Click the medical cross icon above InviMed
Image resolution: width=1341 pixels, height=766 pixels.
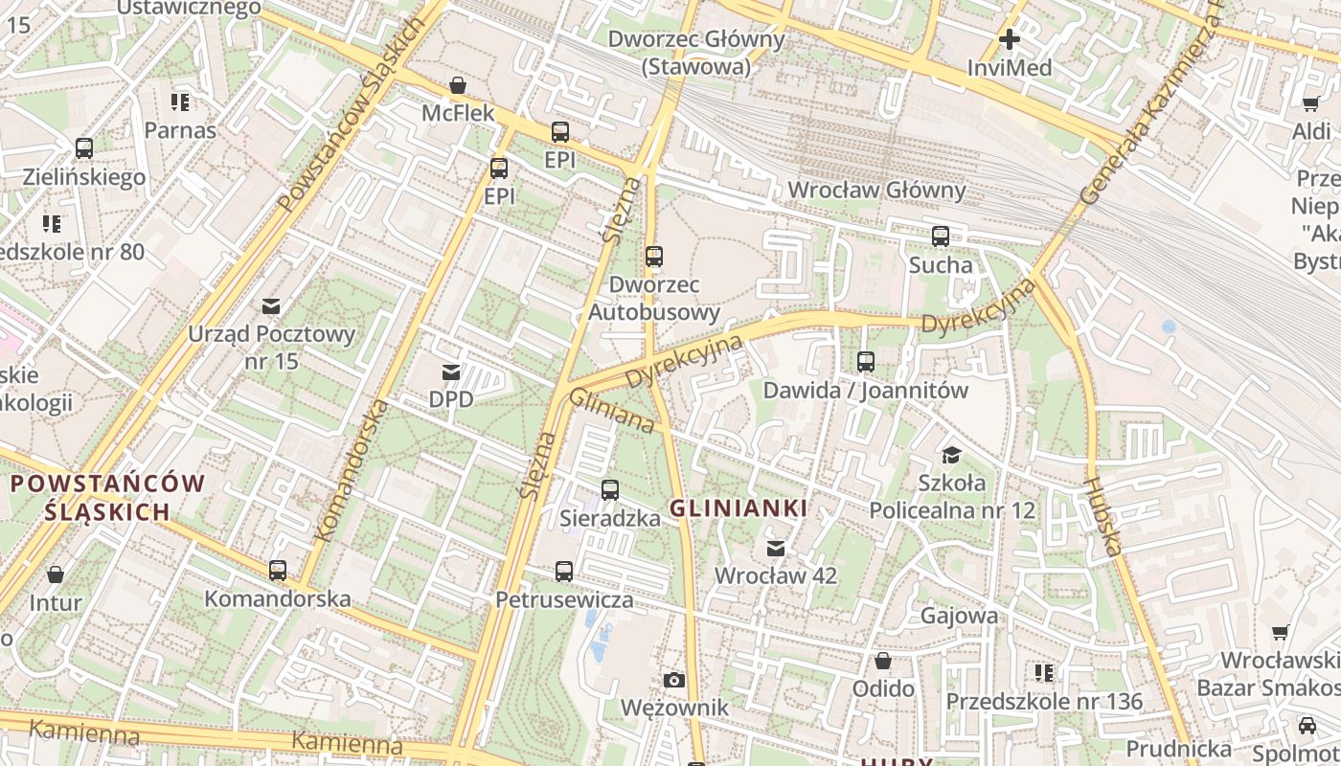[1009, 39]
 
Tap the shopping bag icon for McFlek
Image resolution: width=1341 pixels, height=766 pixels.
[458, 85]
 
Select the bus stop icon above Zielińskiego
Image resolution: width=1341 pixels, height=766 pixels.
[84, 148]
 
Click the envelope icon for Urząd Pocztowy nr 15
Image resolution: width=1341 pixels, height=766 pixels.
[271, 306]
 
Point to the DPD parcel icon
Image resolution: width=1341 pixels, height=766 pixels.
[450, 372]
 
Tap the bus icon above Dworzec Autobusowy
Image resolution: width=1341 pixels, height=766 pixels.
[654, 257]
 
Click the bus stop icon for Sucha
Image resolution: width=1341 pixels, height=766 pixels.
[941, 237]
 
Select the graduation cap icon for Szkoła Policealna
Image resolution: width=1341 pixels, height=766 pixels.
[951, 454]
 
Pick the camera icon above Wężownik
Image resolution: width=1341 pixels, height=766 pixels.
[674, 680]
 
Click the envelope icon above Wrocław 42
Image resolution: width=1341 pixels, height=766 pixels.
[776, 548]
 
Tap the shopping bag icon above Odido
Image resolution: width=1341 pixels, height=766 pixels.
[883, 661]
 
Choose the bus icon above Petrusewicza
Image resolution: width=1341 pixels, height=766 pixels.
[564, 572]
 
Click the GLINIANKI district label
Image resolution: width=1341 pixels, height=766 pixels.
[738, 508]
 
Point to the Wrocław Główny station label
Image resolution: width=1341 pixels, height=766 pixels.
[876, 190]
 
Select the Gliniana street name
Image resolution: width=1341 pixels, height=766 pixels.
[612, 410]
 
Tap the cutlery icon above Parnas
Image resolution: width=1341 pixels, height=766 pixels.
[180, 101]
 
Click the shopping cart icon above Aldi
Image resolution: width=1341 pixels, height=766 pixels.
[1311, 102]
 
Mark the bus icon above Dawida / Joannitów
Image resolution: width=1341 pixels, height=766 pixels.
[866, 362]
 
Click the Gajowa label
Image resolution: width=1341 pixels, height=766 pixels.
[959, 615]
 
